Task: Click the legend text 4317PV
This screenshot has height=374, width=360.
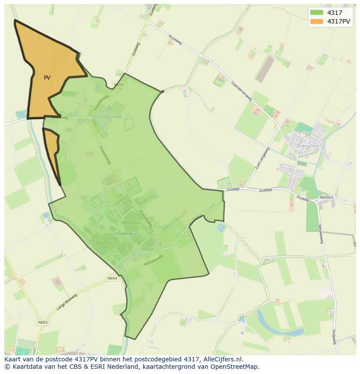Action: [x=339, y=21]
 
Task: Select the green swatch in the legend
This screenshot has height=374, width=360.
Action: [x=317, y=13]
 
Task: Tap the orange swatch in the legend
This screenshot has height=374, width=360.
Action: [x=317, y=21]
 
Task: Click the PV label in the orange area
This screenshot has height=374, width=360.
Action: [x=47, y=78]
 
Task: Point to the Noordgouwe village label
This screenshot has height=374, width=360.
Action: [x=107, y=116]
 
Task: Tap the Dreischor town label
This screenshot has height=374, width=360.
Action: [x=307, y=146]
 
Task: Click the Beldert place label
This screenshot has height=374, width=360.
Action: [x=327, y=197]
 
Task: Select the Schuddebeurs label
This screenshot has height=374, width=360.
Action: [x=125, y=233]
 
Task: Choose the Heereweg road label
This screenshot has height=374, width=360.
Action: [x=60, y=118]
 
